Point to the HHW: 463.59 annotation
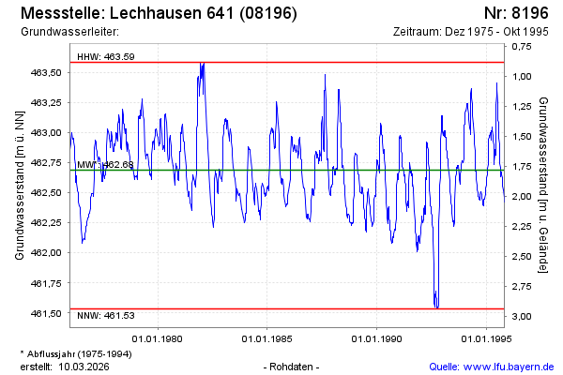(x=106, y=56)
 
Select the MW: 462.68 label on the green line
(x=105, y=165)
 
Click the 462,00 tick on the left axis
(x=47, y=253)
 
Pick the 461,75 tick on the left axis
(x=47, y=283)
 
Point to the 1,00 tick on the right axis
(x=522, y=77)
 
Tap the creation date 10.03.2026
(x=86, y=366)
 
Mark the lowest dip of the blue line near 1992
(x=435, y=306)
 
